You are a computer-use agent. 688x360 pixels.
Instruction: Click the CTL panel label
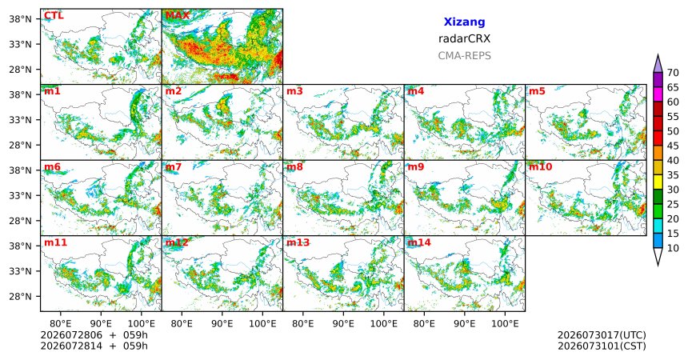[54, 16]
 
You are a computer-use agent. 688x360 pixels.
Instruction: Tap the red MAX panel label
[178, 16]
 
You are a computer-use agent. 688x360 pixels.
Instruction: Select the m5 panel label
[537, 91]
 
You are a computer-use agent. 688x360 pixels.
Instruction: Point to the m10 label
[540, 167]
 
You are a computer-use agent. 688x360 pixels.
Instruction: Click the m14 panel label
[419, 242]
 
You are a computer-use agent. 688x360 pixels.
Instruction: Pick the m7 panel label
[174, 167]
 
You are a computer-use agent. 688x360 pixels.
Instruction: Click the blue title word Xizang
[464, 22]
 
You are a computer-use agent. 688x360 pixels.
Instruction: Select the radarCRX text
[464, 38]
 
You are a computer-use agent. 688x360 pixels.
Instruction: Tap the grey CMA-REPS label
[464, 56]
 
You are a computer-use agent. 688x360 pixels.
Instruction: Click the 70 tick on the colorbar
[673, 73]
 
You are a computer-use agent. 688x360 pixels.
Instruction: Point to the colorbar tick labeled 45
[673, 146]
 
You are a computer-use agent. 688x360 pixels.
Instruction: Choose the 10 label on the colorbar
[673, 248]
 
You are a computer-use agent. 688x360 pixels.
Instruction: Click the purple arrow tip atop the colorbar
[658, 55]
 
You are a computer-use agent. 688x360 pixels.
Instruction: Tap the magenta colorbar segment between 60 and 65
[658, 94]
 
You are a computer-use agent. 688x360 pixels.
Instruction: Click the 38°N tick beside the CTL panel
[20, 19]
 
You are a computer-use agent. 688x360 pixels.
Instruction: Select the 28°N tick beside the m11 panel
[20, 296]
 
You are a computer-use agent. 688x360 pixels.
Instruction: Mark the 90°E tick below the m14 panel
[464, 324]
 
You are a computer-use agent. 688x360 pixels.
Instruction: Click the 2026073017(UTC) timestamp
[602, 335]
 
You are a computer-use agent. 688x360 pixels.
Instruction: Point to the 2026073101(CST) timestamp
[602, 346]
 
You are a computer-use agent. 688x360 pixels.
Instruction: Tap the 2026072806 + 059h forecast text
[94, 335]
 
